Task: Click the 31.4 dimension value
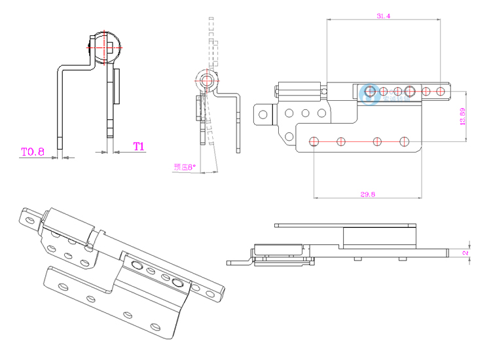(384, 16)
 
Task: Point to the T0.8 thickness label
(32, 152)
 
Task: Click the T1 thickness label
(138, 146)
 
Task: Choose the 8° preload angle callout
(185, 167)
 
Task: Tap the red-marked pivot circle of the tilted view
(206, 80)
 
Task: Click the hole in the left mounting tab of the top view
(263, 115)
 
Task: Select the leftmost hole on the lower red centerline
(314, 141)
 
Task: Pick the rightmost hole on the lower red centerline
(404, 141)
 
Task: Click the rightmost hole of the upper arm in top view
(441, 91)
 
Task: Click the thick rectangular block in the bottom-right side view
(380, 236)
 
